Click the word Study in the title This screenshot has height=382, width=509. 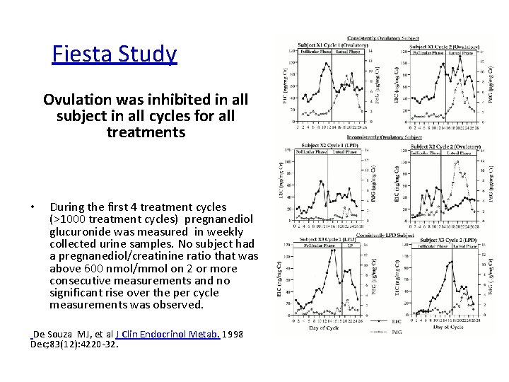146,54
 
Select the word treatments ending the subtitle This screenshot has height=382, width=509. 146,132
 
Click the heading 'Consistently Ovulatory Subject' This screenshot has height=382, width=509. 388,38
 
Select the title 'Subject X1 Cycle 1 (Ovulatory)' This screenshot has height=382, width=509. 324,45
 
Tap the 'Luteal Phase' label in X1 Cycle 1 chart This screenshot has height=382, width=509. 348,52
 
